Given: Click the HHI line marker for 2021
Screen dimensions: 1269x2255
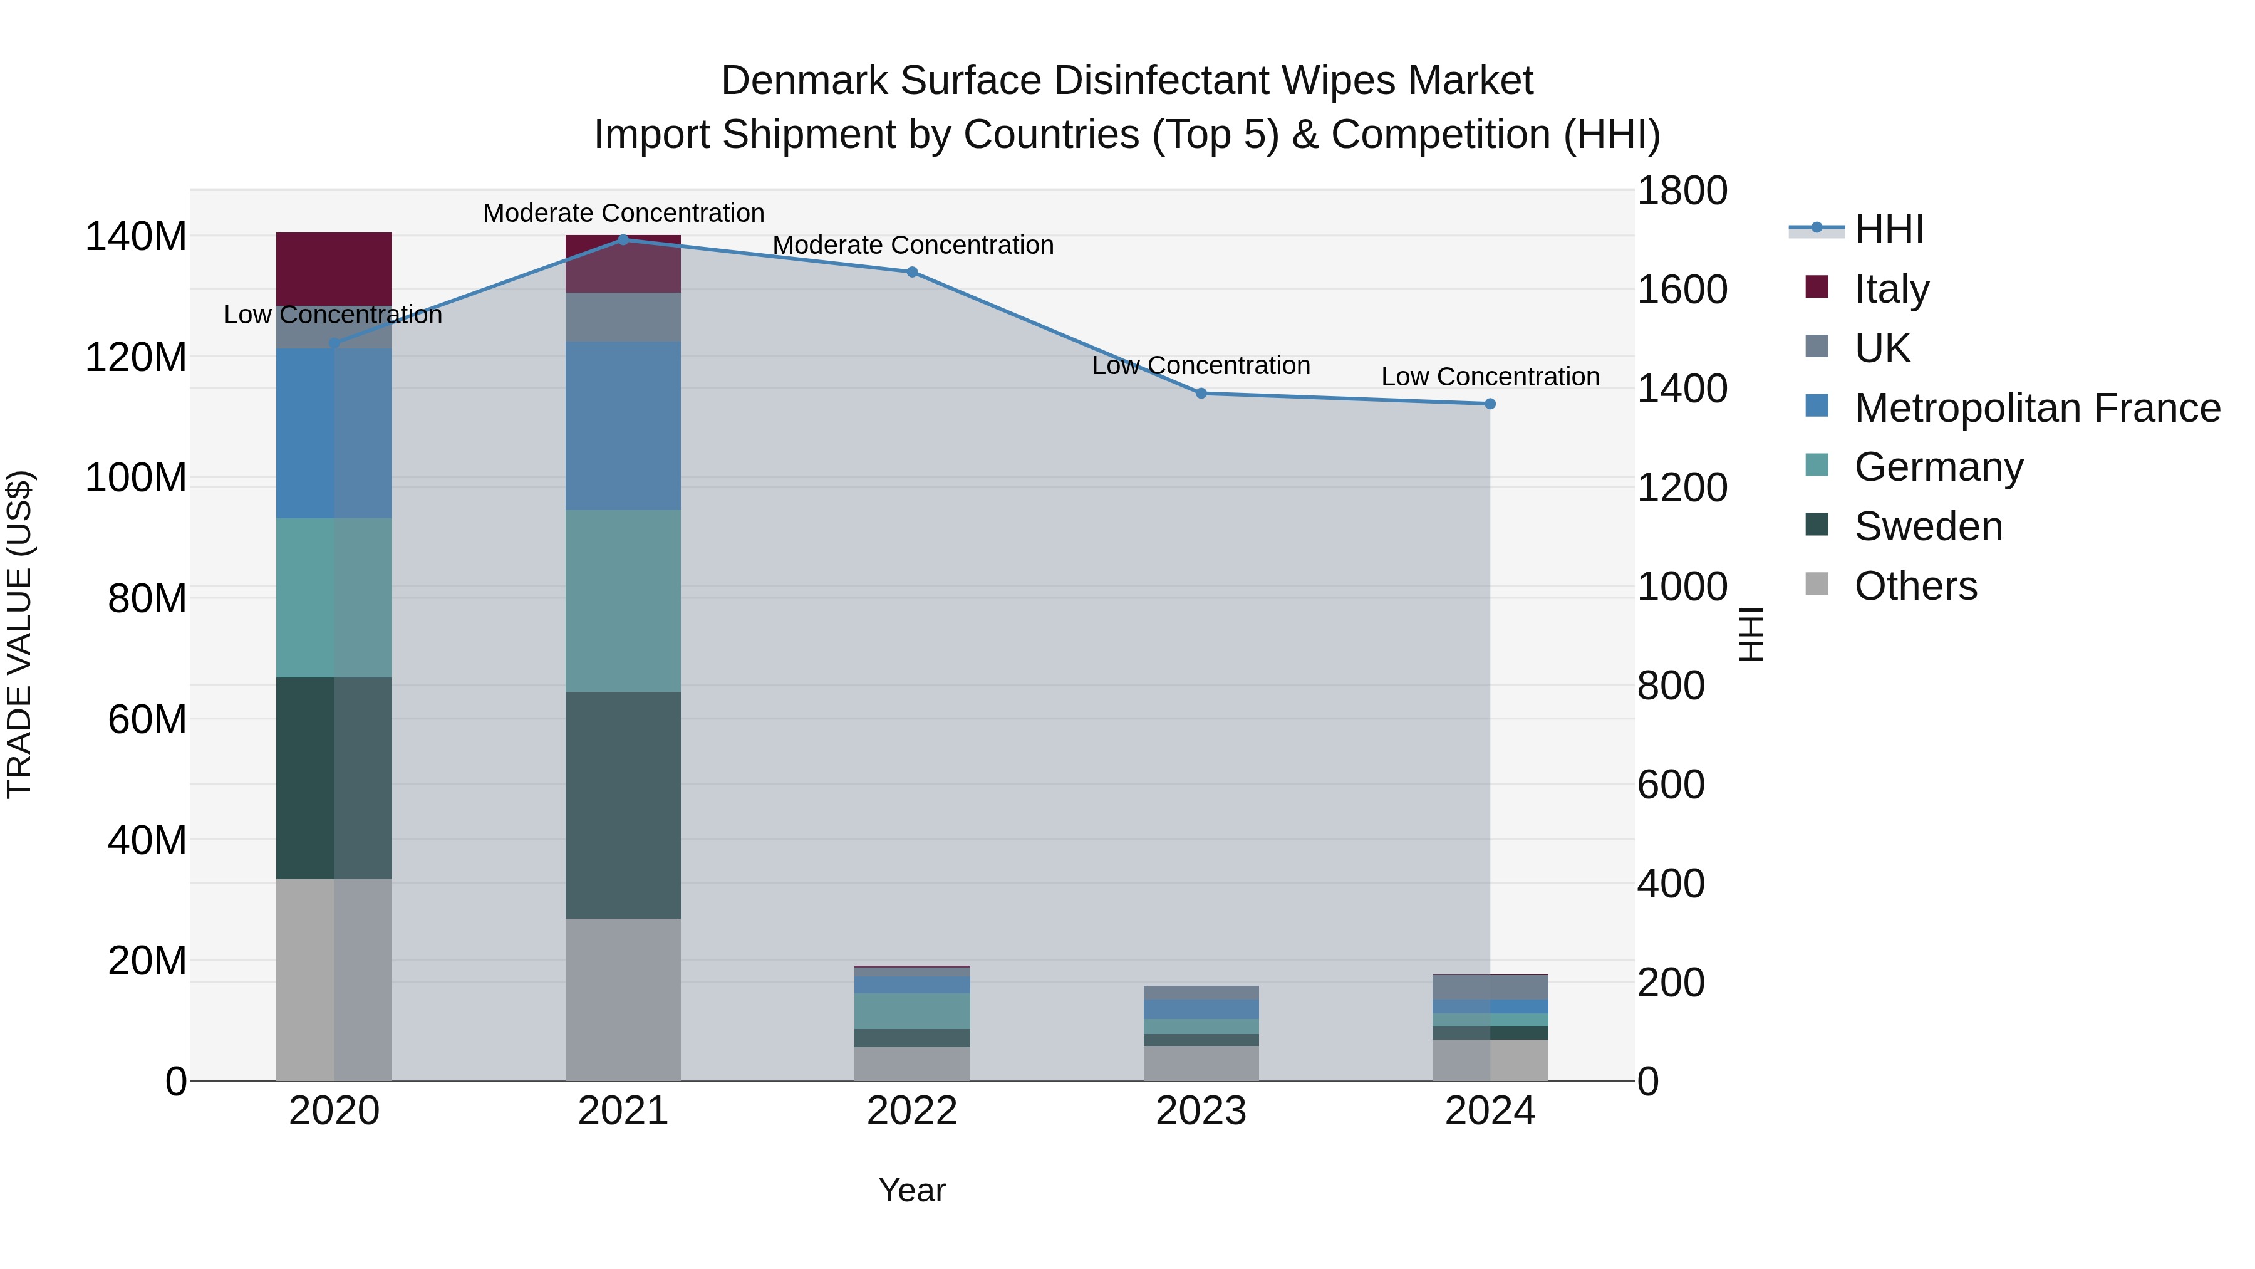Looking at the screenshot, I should point(623,239).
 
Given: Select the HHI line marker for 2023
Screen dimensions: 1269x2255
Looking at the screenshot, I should point(1201,393).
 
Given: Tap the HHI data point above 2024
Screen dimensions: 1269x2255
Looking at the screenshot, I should point(1490,404).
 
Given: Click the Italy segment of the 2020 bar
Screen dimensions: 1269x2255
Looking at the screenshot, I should point(333,268).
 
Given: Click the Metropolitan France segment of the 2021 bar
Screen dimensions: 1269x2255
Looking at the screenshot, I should point(623,426).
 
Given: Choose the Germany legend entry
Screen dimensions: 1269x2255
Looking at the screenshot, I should point(1938,467).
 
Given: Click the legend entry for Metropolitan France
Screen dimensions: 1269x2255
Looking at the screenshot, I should point(2036,408).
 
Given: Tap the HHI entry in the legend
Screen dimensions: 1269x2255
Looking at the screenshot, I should point(1888,229).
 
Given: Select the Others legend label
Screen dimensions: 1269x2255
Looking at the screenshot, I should point(1915,586).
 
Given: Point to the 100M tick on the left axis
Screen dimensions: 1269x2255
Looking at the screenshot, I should point(136,478).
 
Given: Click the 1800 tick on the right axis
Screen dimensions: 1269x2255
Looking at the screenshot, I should point(1682,191).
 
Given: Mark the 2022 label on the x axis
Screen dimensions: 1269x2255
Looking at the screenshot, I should point(911,1111).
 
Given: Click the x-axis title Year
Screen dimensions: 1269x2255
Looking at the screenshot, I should point(911,1190).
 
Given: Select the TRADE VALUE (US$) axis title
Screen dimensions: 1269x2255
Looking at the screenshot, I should point(19,634).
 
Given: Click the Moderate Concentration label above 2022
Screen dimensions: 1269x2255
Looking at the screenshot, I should point(912,245).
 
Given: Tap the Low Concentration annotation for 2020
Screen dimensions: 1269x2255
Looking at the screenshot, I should point(333,315).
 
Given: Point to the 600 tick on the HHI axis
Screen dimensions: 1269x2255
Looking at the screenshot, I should point(1670,785).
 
